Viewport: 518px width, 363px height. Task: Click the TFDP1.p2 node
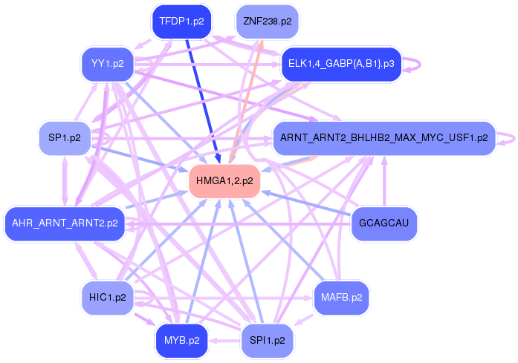click(x=182, y=22)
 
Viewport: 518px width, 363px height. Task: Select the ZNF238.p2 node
click(x=267, y=22)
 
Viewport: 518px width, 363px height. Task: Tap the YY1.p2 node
click(x=107, y=63)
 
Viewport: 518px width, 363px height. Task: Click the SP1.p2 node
click(x=65, y=137)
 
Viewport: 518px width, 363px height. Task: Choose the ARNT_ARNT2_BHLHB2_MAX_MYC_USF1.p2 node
click(x=383, y=137)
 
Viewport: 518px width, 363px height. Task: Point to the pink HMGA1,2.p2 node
click(x=224, y=180)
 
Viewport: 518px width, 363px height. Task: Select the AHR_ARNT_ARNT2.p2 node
click(x=65, y=223)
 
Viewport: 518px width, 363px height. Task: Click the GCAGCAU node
click(x=383, y=223)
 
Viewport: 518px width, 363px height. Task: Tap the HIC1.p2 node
click(x=107, y=298)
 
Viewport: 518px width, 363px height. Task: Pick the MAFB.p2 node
click(x=341, y=298)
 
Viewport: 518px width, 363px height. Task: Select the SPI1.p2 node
click(x=267, y=341)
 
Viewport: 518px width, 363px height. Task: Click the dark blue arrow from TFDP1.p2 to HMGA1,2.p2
click(x=201, y=97)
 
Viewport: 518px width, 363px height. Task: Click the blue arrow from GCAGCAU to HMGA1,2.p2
click(x=312, y=203)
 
